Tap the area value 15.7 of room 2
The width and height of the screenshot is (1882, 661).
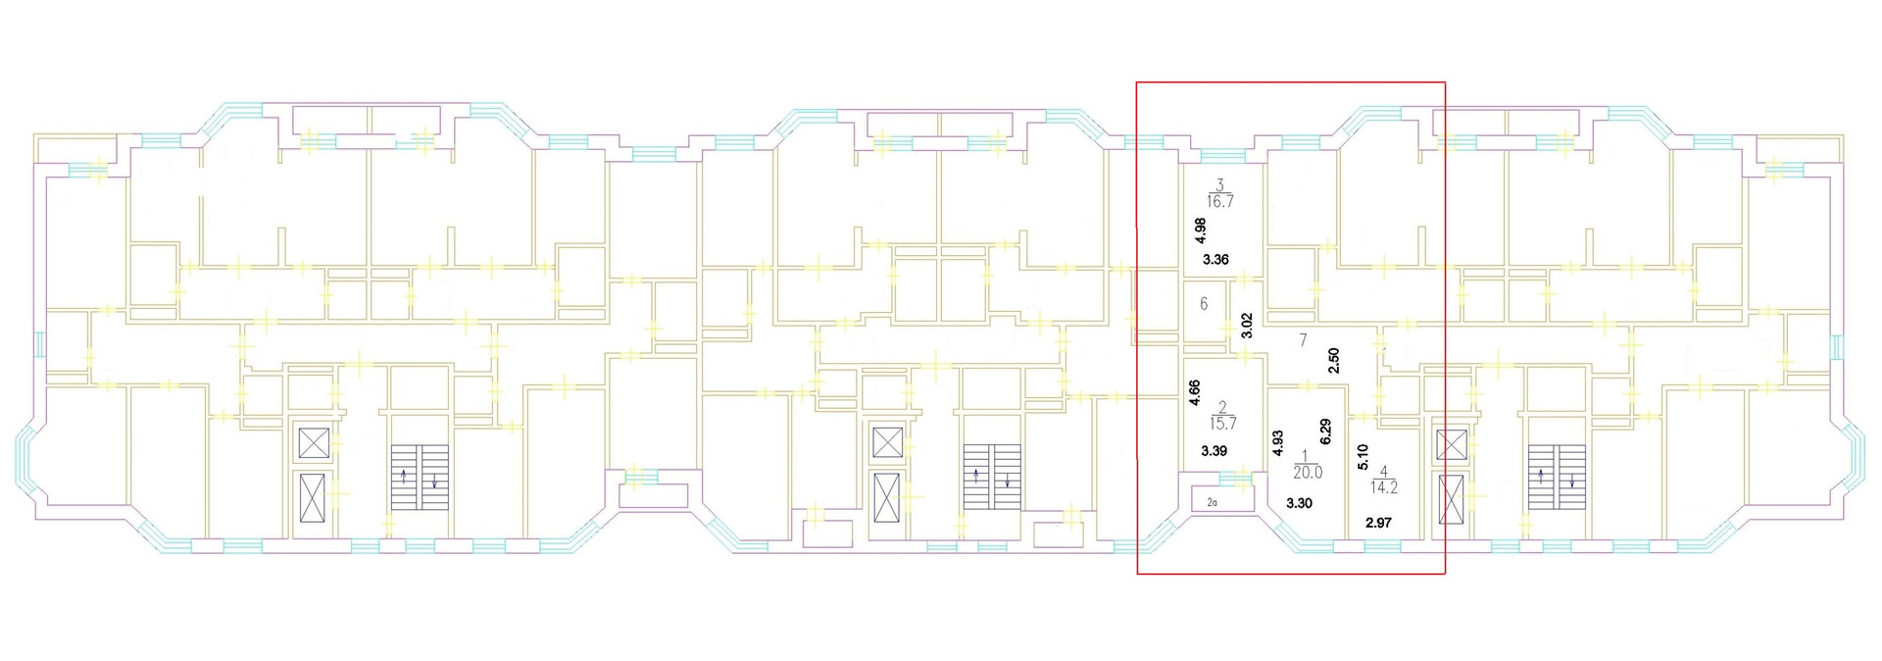(x=1223, y=424)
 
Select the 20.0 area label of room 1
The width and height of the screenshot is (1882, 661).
(x=1308, y=472)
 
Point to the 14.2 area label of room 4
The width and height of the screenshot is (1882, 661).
(x=1385, y=486)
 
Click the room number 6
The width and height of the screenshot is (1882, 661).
(x=1204, y=304)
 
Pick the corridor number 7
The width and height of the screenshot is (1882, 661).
(x=1303, y=340)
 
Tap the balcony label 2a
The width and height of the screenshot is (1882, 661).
(x=1213, y=502)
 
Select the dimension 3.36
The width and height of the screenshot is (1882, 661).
(x=1215, y=260)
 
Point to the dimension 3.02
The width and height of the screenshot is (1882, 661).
(x=1247, y=326)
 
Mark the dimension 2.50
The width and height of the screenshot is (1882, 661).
(x=1333, y=362)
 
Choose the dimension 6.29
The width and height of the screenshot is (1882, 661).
(x=1326, y=432)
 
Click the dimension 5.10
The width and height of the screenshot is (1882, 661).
(x=1362, y=458)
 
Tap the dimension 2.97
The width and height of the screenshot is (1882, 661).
(x=1378, y=523)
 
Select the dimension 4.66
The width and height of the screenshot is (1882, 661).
(x=1195, y=393)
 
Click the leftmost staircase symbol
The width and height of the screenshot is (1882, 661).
(x=420, y=477)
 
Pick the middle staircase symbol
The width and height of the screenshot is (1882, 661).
(x=991, y=477)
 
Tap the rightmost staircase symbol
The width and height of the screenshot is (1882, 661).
(x=1557, y=477)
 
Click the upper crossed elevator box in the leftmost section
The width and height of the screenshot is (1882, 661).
(x=315, y=443)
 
